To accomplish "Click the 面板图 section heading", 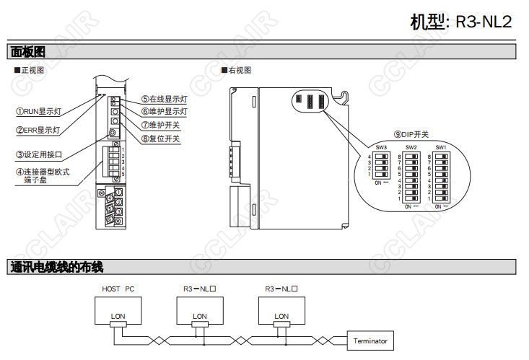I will coord(28,52).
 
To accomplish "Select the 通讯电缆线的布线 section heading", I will coord(57,267).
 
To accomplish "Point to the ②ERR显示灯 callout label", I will coord(38,131).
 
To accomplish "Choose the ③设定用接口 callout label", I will coord(40,154).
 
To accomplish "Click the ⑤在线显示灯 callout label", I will coord(164,100).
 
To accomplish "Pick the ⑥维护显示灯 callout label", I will coord(164,112).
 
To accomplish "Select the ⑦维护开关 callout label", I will coord(160,125).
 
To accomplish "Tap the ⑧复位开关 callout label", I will coord(160,138).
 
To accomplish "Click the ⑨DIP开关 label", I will coord(411,134).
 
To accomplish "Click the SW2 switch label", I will coord(411,148).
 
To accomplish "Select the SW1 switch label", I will coord(440,148).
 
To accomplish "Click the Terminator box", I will coord(370,341).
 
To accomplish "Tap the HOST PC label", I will coord(118,289).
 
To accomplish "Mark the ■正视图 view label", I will coord(30,70).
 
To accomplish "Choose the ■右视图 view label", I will coord(236,70).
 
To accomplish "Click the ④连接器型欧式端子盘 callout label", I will coord(43,175).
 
